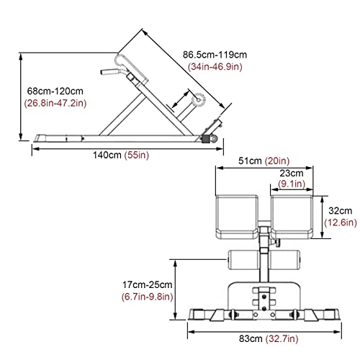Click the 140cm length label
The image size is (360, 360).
(x=107, y=155)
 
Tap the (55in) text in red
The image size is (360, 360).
(x=137, y=155)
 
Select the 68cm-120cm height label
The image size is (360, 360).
(x=55, y=91)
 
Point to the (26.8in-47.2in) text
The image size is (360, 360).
(x=55, y=103)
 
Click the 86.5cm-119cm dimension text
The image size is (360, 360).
(x=215, y=55)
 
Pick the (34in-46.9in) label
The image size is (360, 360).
(x=215, y=66)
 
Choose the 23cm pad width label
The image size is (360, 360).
(x=292, y=173)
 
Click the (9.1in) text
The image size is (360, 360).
(x=292, y=184)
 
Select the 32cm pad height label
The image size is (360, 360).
(x=341, y=211)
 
